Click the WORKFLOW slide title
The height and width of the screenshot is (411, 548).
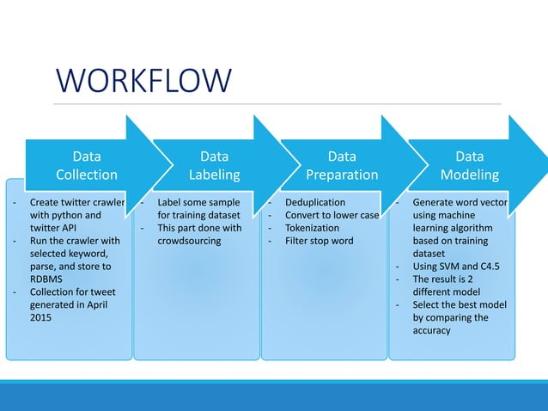144,81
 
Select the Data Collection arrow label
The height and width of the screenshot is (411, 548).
86,166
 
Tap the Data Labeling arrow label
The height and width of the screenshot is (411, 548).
214,166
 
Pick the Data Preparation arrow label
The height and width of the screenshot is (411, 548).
342,166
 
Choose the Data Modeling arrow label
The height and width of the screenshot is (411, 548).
469,166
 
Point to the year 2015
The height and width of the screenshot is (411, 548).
40,317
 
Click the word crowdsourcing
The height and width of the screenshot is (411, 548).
189,241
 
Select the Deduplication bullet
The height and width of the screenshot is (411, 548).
314,203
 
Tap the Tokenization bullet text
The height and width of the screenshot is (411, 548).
312,228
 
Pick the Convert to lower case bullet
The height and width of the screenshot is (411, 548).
331,216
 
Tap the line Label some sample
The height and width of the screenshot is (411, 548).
198,203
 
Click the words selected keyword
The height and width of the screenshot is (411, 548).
68,254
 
